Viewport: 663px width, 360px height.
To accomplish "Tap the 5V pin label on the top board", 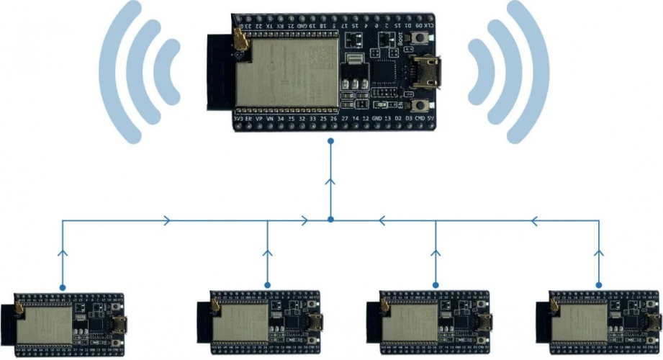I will (430, 117).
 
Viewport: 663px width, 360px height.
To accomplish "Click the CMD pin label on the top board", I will (419, 117).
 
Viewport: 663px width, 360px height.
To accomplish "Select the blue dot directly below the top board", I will (330, 141).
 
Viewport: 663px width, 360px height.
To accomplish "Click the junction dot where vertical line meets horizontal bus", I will (330, 219).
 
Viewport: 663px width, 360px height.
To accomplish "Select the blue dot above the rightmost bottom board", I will (598, 287).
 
